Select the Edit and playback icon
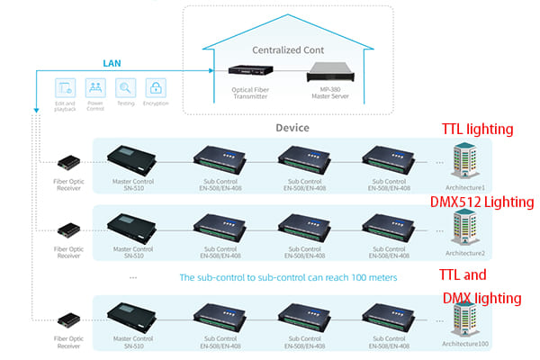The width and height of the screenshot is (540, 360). point(64,87)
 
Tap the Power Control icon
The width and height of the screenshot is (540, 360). point(95,87)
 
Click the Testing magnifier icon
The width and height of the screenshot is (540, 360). point(126,87)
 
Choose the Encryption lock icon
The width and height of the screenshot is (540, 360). point(157,87)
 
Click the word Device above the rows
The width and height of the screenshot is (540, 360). point(292,128)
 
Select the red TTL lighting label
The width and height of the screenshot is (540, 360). point(476,129)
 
